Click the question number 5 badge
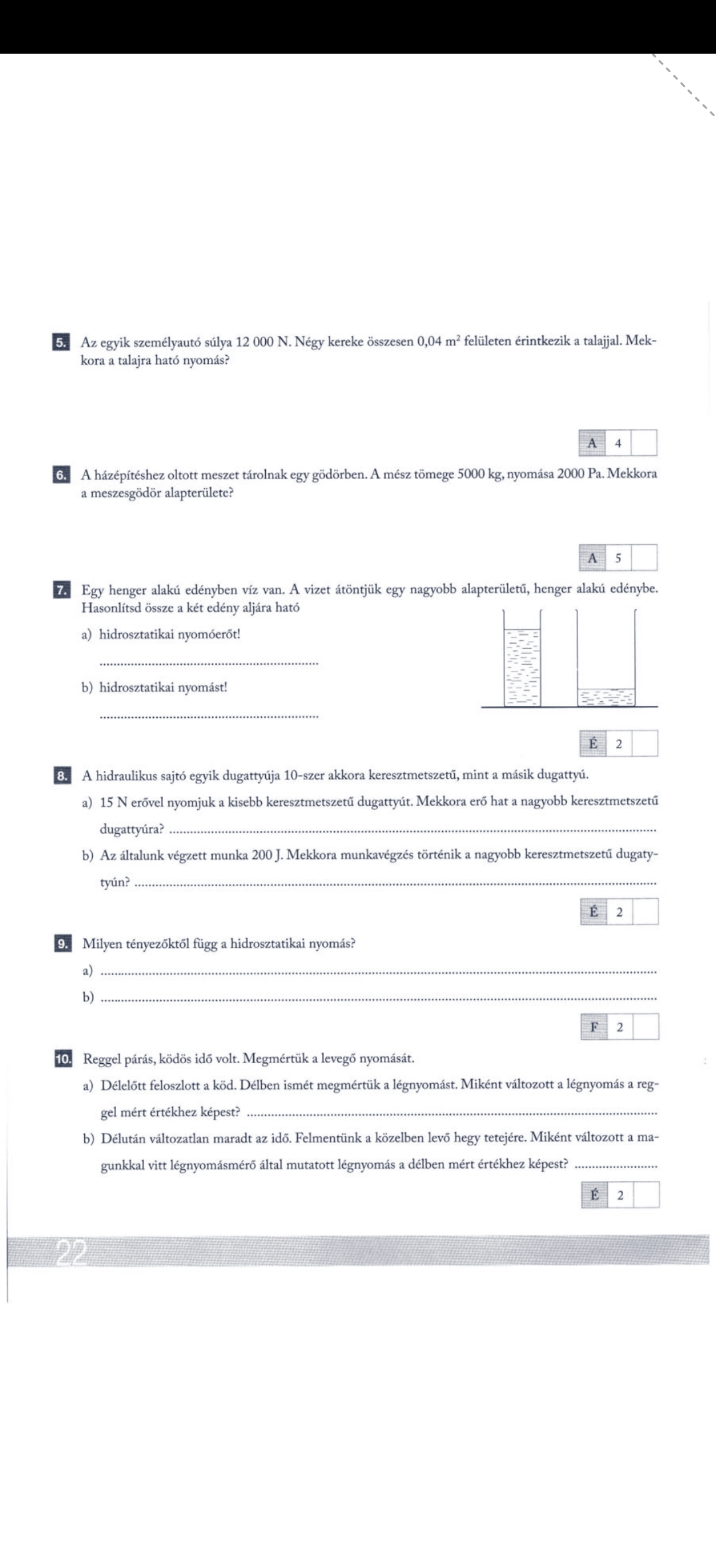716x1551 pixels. pos(60,343)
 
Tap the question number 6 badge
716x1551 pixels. pos(60,475)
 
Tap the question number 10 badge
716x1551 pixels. pos(62,1059)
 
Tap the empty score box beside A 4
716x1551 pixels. pos(644,443)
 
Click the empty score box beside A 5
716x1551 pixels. pos(644,557)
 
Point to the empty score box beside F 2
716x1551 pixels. pos(646,1027)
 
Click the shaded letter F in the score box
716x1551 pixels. pos(594,1027)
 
